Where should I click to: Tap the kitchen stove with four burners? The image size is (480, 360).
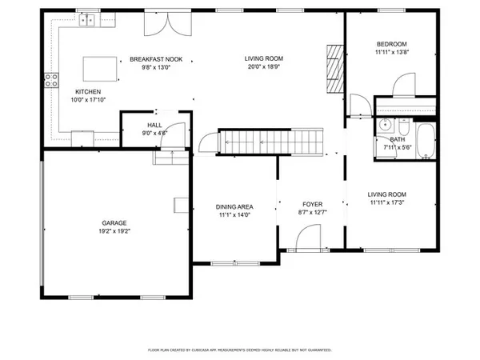tap(52, 78)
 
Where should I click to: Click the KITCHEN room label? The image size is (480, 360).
tap(88, 91)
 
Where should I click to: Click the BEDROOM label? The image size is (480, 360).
tap(392, 43)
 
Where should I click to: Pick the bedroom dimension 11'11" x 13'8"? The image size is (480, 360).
tap(392, 52)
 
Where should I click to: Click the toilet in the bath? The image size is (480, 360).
tap(403, 129)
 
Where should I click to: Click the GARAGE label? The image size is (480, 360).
tap(114, 223)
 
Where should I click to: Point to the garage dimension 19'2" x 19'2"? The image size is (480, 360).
tap(114, 232)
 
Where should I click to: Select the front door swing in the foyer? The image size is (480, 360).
tap(308, 238)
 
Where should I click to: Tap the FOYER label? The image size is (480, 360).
tap(311, 204)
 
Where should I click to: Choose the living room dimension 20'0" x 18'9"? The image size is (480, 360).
tap(264, 67)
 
